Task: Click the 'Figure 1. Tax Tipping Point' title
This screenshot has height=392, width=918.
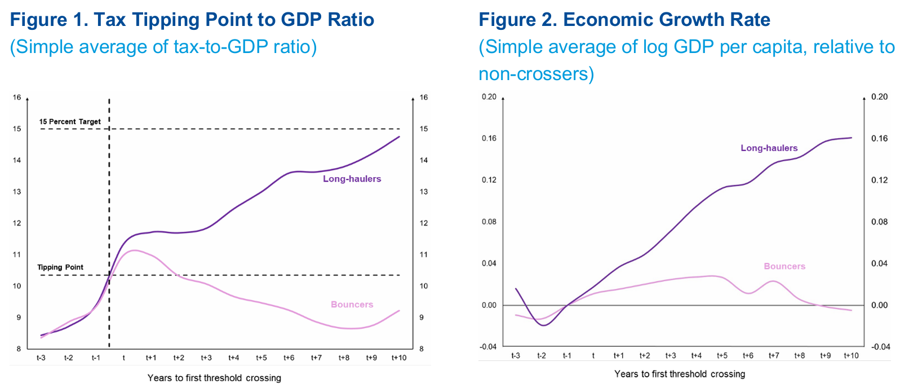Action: [192, 20]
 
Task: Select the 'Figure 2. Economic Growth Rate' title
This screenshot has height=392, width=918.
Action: [624, 20]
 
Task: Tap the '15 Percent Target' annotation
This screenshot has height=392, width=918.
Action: [70, 121]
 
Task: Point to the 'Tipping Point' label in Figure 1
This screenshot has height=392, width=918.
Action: [60, 267]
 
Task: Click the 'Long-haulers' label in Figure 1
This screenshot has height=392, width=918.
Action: [352, 179]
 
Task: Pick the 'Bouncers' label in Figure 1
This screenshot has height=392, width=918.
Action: [352, 305]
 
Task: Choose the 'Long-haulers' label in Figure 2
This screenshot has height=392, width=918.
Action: [769, 148]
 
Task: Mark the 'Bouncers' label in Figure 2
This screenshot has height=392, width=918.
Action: [784, 266]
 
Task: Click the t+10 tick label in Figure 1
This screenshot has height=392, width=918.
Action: [399, 358]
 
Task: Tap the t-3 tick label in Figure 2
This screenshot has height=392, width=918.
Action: [516, 356]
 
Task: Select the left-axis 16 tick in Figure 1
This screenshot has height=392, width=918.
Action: [17, 98]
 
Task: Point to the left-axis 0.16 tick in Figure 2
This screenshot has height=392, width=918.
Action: [489, 139]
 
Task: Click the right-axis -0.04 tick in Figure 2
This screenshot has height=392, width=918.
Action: [879, 347]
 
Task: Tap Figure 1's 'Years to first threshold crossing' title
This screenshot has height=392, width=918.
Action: [214, 378]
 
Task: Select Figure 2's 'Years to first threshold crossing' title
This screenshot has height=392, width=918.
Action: [680, 374]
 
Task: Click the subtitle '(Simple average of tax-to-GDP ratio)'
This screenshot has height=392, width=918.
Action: [163, 47]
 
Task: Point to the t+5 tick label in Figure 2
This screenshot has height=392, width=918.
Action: [722, 356]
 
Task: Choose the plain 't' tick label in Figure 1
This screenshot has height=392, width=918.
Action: [123, 358]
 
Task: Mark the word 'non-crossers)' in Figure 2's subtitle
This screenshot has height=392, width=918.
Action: [536, 74]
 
